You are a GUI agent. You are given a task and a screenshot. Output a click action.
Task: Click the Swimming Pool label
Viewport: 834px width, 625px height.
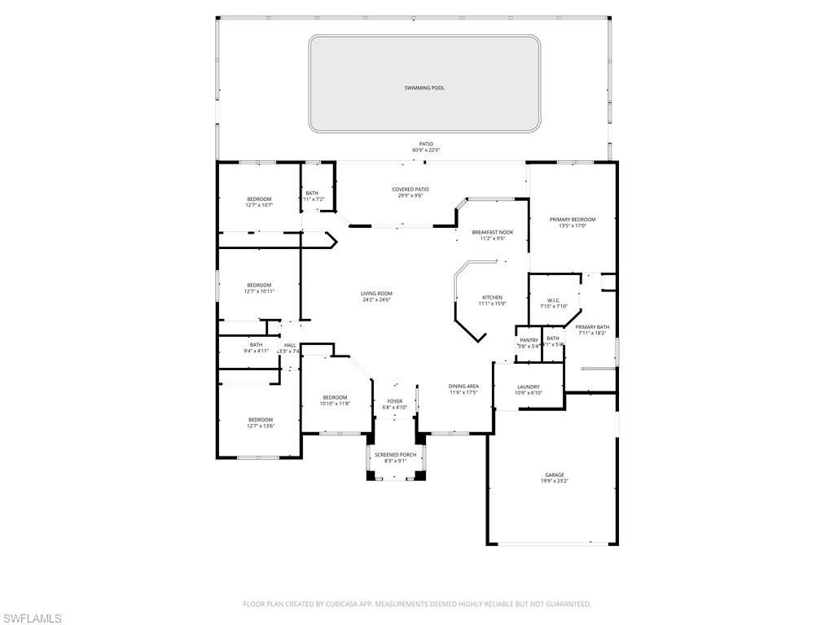(x=424, y=88)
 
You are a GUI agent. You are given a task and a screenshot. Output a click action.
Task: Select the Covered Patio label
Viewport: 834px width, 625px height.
(x=410, y=190)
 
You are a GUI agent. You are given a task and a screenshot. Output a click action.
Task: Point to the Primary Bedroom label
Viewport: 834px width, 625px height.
(x=572, y=220)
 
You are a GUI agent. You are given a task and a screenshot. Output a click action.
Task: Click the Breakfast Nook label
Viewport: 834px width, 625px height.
(x=493, y=233)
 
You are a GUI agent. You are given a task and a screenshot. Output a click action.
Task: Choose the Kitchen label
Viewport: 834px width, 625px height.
(x=492, y=298)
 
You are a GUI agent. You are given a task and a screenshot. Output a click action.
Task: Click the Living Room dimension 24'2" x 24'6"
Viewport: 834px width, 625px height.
(x=377, y=299)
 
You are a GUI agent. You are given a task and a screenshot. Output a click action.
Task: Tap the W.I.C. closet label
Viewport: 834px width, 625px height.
(x=553, y=300)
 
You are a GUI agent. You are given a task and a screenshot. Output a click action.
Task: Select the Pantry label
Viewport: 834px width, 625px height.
(x=529, y=340)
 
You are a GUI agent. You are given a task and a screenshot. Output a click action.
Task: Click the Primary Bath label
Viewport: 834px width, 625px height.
(x=592, y=327)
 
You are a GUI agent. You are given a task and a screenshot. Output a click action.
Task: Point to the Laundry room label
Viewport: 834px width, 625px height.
(x=529, y=387)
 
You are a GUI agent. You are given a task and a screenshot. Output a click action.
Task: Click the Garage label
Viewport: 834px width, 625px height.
(x=555, y=475)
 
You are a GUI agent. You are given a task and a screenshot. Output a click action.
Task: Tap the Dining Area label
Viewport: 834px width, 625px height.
(x=463, y=387)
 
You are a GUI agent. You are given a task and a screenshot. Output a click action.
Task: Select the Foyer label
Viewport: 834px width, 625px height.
(x=395, y=401)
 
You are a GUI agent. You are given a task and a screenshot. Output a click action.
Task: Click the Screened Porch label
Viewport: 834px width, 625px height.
(x=395, y=455)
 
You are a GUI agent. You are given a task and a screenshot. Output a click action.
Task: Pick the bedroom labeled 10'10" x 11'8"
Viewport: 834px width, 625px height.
(x=334, y=403)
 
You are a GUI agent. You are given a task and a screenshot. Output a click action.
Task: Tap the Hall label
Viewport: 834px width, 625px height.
(x=290, y=346)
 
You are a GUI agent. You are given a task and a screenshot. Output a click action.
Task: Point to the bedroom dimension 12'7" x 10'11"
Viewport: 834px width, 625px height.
(x=260, y=291)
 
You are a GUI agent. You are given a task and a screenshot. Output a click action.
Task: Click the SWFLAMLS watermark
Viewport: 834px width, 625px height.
(x=32, y=618)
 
